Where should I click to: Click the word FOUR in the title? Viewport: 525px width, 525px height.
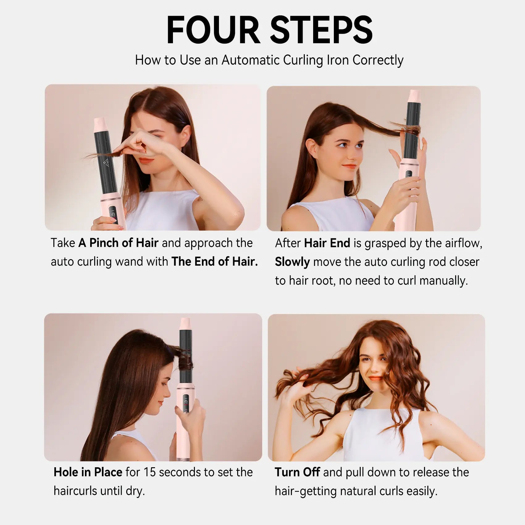213,30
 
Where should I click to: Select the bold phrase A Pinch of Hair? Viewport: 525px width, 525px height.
118,243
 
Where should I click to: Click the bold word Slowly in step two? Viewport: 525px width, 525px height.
292,262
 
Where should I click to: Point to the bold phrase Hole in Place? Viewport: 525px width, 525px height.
88,472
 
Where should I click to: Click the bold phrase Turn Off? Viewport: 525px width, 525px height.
297,472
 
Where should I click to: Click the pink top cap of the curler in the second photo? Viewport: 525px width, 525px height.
414,95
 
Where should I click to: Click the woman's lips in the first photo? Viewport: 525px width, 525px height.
146,161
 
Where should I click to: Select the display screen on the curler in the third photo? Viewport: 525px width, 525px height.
186,401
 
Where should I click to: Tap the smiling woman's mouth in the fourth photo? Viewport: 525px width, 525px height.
376,379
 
